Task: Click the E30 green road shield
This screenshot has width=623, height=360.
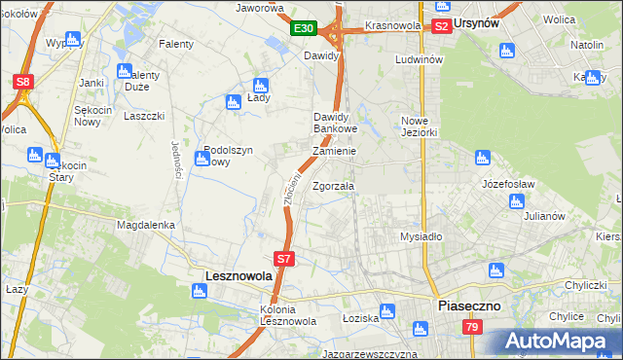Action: pos(304,29)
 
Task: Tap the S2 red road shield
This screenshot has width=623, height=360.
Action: pos(441,26)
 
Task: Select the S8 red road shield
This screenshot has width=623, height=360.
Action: pos(24,83)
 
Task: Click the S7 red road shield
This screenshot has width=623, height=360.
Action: pos(283,259)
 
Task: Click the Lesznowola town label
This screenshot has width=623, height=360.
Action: pos(238,276)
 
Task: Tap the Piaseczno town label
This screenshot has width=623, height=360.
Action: pos(469,306)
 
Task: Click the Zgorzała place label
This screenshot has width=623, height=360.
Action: pos(334,186)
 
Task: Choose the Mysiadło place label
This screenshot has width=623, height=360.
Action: pos(421,236)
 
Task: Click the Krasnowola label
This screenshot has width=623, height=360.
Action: pos(392,25)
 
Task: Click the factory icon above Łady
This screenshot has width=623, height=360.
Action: pos(260,85)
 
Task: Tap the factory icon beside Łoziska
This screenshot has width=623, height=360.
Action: pos(387,311)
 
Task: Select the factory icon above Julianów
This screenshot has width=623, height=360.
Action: pos(517,200)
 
